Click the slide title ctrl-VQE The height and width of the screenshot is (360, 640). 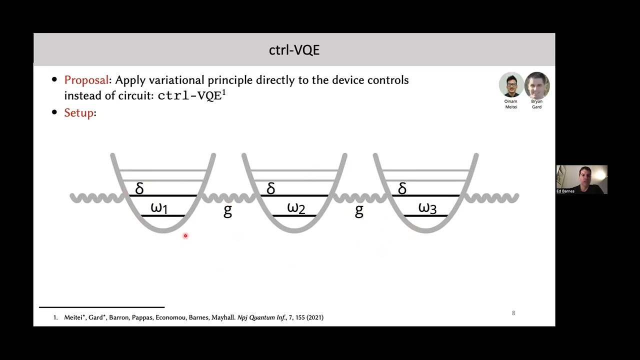294,50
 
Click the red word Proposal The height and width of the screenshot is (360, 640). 86,80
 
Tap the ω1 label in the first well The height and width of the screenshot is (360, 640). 159,208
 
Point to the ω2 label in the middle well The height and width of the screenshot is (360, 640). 296,208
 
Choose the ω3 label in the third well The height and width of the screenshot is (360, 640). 427,208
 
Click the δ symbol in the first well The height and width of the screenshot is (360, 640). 139,188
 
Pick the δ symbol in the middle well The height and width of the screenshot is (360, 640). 271,188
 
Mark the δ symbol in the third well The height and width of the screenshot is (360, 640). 402,188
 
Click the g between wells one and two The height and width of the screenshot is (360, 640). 227,210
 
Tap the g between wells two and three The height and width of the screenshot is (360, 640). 359,210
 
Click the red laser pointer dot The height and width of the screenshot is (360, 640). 185,235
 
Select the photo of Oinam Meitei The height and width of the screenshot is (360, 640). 511,85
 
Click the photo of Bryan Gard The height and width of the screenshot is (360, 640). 537,85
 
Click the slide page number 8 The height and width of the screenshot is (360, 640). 513,313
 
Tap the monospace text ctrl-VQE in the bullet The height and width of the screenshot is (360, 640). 189,96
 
